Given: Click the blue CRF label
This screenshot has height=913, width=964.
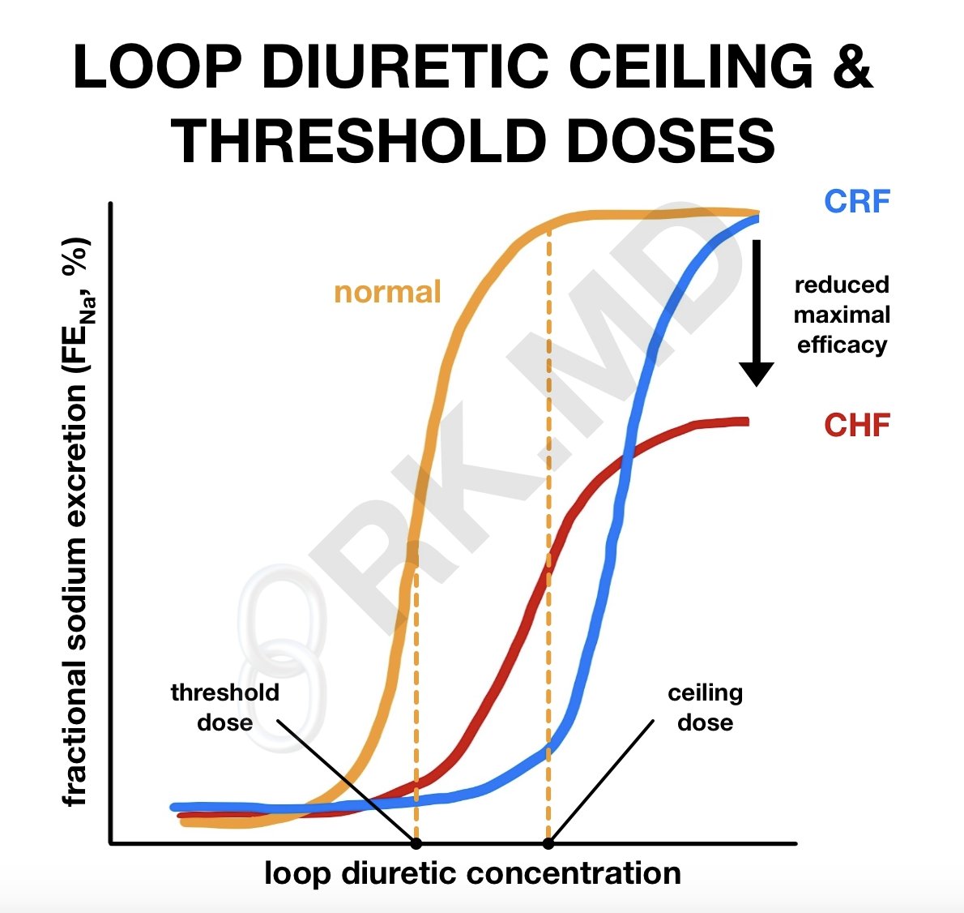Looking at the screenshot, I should pyautogui.click(x=857, y=201).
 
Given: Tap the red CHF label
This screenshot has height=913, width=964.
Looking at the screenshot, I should pyautogui.click(x=857, y=425).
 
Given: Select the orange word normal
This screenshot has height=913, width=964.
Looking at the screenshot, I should pyautogui.click(x=387, y=292).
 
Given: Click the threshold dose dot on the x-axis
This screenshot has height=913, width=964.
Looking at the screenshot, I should pyautogui.click(x=416, y=843).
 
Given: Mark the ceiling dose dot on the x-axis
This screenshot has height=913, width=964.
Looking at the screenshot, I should pyautogui.click(x=548, y=843).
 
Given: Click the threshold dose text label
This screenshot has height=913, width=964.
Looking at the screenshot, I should pyautogui.click(x=224, y=707).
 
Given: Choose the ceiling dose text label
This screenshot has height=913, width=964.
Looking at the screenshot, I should pyautogui.click(x=705, y=707).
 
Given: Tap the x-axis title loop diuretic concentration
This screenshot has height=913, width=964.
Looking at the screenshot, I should pyautogui.click(x=472, y=873).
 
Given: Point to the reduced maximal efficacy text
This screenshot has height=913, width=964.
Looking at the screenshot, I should pyautogui.click(x=842, y=315).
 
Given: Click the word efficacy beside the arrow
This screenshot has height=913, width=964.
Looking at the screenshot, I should pyautogui.click(x=842, y=345).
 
